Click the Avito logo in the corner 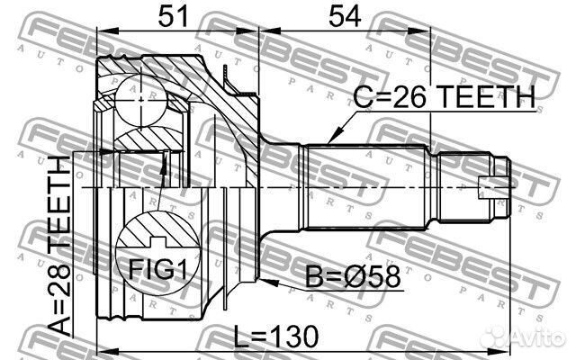pos(531,338)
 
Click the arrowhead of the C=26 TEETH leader pos(329,141)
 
